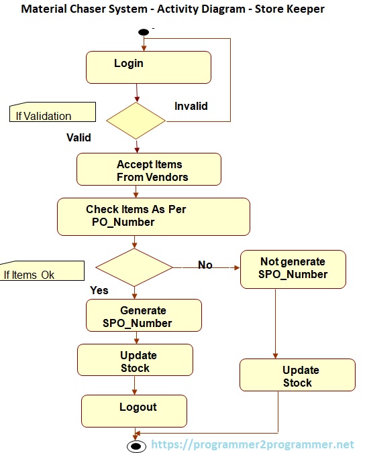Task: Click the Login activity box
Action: click(148, 67)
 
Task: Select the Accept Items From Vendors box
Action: click(148, 170)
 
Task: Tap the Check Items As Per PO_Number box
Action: click(153, 216)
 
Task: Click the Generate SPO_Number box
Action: click(143, 316)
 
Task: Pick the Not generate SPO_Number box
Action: click(293, 269)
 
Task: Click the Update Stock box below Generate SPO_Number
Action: click(135, 361)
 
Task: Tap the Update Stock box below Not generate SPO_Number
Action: click(297, 376)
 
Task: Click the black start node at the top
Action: click(143, 32)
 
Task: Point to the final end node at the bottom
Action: click(136, 446)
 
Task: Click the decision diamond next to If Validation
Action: click(137, 121)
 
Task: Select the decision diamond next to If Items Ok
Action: click(134, 268)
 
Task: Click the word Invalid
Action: click(191, 106)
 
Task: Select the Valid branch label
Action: click(78, 138)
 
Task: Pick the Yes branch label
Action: click(99, 290)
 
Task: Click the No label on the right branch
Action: click(205, 265)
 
